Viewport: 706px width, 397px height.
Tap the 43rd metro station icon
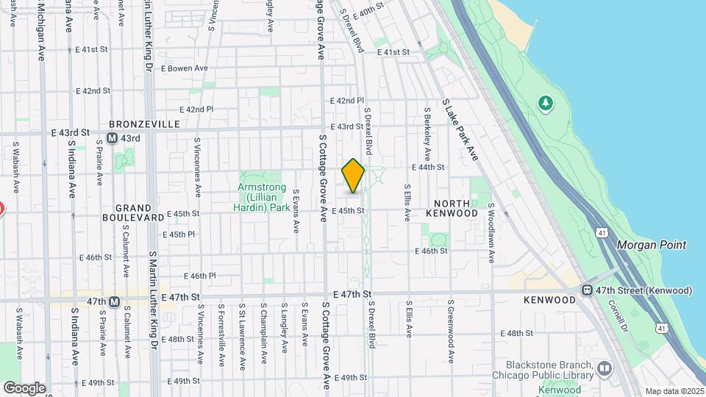113,138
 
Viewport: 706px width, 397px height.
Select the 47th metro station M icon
114,301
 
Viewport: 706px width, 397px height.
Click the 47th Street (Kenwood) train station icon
588,290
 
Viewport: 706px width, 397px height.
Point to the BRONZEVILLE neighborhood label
144,124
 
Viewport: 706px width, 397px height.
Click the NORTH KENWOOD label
456,208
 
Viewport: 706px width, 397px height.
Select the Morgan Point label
652,245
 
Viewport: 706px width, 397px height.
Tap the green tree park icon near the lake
545,102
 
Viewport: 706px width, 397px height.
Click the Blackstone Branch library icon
604,367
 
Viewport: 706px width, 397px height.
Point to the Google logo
24,387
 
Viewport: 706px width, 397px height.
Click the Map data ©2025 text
674,391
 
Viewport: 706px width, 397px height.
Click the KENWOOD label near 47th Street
549,300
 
